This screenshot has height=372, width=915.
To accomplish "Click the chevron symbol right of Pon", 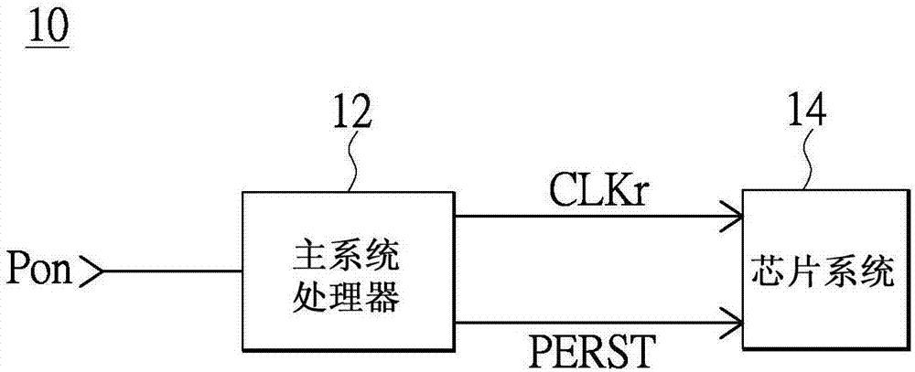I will tap(92, 271).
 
